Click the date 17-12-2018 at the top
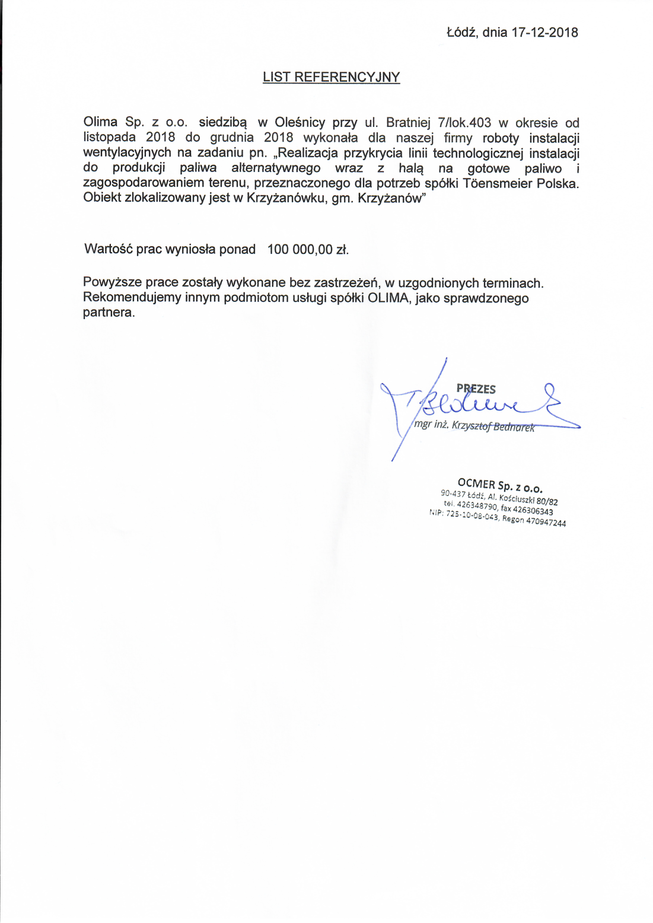544,33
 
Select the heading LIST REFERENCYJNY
331,77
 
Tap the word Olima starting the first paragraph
100,122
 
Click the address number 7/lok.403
464,123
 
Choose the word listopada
109,138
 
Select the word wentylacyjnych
127,153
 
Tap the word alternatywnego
276,168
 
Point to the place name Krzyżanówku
285,198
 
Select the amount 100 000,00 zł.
308,250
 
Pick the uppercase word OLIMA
388,298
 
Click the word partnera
109,313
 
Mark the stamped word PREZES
476,389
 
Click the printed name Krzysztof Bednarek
493,426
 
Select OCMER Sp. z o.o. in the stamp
499,485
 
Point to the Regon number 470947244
546,522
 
